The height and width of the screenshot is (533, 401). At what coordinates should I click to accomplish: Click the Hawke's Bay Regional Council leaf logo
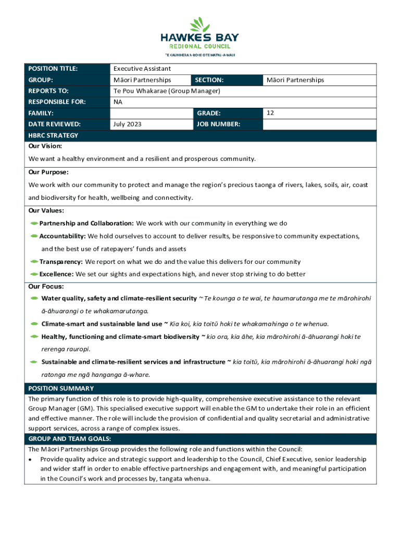click(x=200, y=25)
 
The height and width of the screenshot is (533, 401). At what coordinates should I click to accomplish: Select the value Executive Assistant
click(x=142, y=69)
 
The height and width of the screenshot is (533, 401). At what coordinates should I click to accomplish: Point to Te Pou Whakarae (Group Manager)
click(x=167, y=91)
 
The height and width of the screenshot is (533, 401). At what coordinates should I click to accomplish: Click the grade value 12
click(x=270, y=113)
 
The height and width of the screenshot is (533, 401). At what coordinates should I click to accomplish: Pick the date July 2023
click(x=128, y=124)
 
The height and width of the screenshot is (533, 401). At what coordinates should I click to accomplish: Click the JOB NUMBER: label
click(x=218, y=124)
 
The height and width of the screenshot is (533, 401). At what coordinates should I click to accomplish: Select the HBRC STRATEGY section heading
click(x=53, y=135)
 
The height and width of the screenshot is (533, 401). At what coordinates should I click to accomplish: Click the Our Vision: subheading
click(x=45, y=146)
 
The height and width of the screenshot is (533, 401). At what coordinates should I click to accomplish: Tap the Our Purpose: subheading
click(x=48, y=172)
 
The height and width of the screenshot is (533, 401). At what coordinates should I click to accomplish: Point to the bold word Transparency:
click(x=61, y=262)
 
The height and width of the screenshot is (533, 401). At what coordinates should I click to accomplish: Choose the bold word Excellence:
click(x=57, y=274)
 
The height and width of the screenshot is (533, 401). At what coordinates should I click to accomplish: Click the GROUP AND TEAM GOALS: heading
click(x=69, y=439)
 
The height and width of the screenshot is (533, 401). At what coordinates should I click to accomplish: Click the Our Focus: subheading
click(x=46, y=286)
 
